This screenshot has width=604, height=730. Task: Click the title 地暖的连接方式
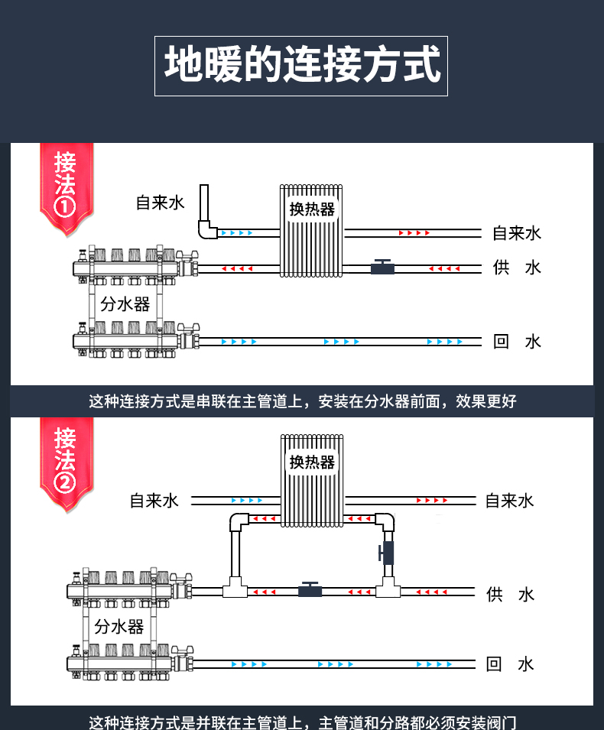tap(301, 66)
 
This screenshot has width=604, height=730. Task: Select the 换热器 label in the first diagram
tap(312, 209)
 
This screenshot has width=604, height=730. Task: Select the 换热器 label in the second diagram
tap(312, 462)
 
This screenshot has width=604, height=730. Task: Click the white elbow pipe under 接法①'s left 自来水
tap(204, 228)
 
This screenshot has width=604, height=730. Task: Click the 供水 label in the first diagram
tap(517, 268)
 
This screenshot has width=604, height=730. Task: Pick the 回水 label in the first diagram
tap(517, 341)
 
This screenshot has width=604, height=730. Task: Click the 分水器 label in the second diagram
tap(119, 627)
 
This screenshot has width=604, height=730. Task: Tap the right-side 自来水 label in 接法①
tap(517, 233)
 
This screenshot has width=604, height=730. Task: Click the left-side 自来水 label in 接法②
tap(154, 501)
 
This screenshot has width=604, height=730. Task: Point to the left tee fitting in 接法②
tap(232, 590)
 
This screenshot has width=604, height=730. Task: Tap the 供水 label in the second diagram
tap(510, 594)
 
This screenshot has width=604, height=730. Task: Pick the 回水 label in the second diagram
tap(510, 664)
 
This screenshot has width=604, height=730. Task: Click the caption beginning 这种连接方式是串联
tap(302, 401)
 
